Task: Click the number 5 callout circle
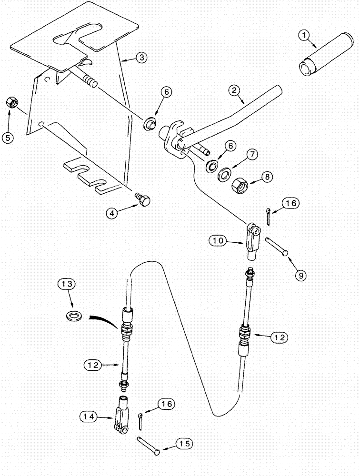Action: pyautogui.click(x=8, y=138)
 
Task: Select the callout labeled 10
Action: pyautogui.click(x=218, y=241)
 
